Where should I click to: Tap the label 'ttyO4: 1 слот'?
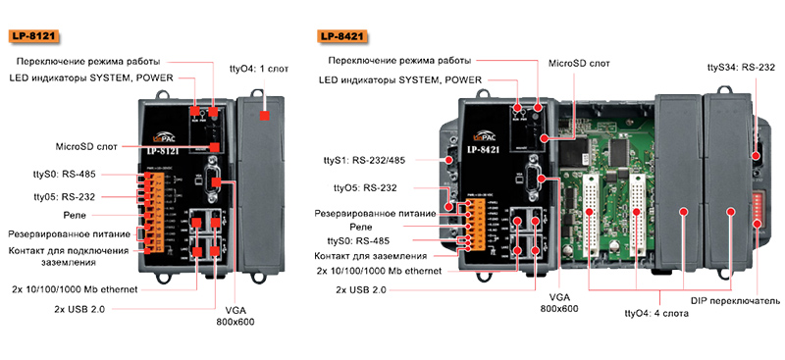click(260, 72)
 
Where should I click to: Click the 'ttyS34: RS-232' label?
click(741, 69)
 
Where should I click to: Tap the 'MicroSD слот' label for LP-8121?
click(86, 145)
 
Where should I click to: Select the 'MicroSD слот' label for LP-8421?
click(579, 63)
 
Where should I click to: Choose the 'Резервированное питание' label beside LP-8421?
click(379, 212)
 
